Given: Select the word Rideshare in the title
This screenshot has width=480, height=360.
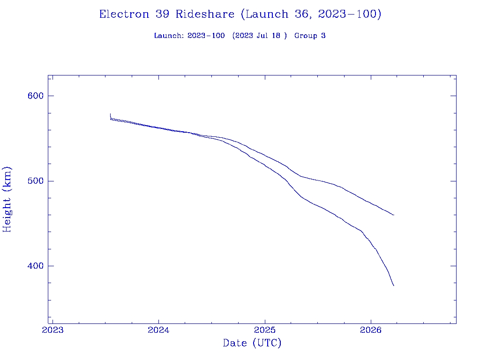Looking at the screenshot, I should point(205,15).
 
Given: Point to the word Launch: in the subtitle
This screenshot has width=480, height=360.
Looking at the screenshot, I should point(169,36).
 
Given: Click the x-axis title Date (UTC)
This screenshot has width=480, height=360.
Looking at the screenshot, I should point(252,344).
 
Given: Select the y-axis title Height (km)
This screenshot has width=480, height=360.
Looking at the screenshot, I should point(7,199).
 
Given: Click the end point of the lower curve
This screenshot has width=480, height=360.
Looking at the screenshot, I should point(394,285).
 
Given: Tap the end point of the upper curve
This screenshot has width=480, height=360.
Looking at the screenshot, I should point(394,215).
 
